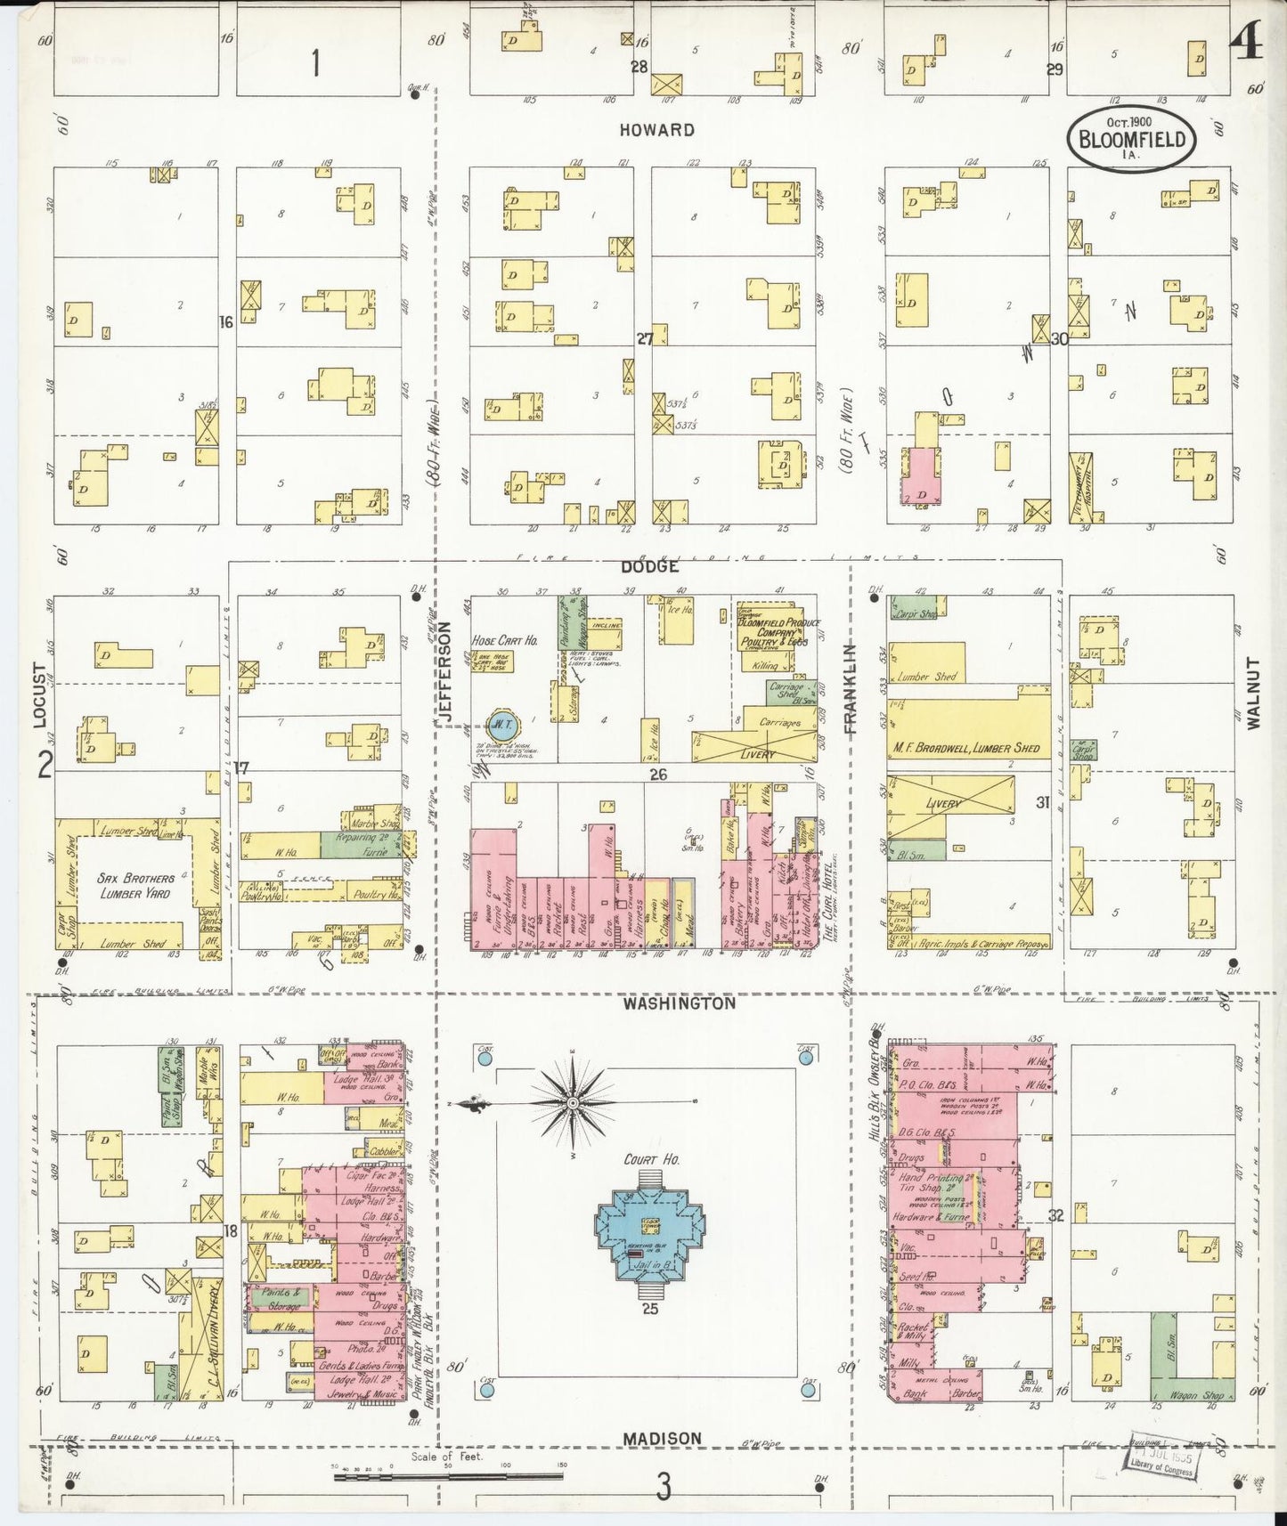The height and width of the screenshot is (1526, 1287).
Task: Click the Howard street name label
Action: [656, 130]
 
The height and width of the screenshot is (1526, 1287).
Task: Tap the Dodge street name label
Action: [650, 566]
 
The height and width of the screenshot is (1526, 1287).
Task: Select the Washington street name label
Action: [679, 1003]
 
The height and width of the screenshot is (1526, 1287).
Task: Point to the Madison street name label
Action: [662, 1438]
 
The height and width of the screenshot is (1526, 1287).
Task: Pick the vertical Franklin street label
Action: [850, 688]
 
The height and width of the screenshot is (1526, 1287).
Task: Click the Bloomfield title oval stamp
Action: [1131, 139]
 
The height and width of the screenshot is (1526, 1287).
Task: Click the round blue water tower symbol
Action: [498, 721]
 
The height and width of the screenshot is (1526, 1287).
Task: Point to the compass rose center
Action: [573, 1103]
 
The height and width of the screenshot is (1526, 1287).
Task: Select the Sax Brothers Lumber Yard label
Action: [135, 886]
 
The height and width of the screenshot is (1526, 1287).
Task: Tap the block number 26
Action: [657, 775]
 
